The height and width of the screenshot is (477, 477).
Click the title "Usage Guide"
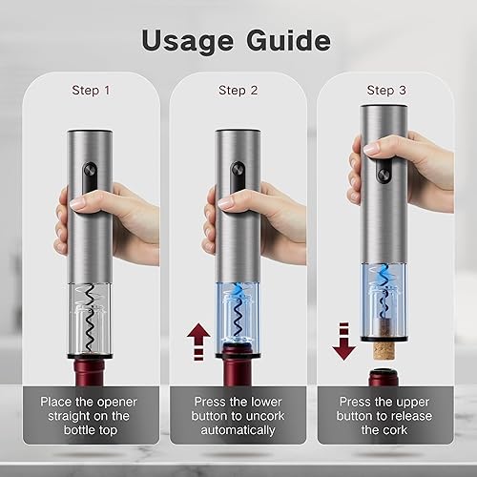238,40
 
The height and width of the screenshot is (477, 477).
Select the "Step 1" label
92,91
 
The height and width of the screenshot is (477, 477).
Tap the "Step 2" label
238,91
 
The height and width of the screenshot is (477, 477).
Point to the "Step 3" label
384,91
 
